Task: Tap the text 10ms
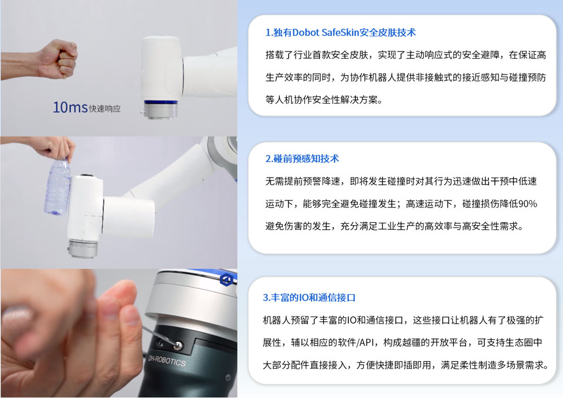70,107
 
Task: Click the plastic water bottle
57,188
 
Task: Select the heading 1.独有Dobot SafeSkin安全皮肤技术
340,32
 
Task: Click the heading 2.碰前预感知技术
302,158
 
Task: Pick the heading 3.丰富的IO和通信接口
309,297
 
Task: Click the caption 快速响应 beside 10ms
105,108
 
